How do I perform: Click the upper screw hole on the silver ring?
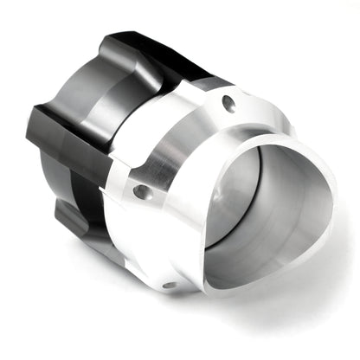228,104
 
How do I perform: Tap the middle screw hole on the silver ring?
139,191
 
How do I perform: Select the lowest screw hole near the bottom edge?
170,283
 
